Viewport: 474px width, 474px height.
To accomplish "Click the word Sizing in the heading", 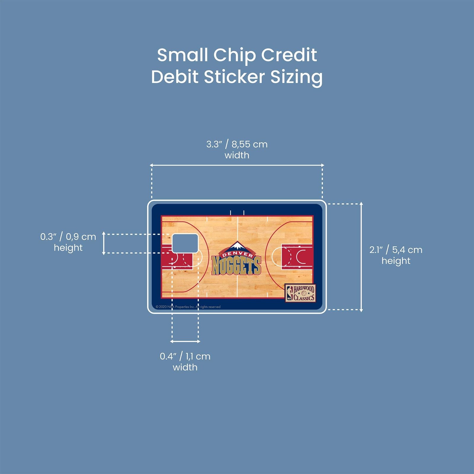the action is pos(296,78).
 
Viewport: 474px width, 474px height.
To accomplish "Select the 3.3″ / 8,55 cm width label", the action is pos(237,149).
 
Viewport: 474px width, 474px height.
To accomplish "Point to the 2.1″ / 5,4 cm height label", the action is pos(396,255).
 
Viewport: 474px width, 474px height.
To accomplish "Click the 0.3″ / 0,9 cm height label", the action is pos(68,242).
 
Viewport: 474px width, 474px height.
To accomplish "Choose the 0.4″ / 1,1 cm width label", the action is pos(185,361).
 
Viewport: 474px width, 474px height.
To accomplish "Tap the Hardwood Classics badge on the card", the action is pos(300,293).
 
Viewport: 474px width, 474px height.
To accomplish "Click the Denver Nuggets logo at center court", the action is pos(236,258).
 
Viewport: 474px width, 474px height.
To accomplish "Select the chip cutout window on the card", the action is pos(185,243).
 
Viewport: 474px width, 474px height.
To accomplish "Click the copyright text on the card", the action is pos(188,307).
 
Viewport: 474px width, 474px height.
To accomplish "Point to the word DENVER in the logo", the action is pos(236,254).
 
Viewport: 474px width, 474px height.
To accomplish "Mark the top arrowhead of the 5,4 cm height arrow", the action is pos(361,204).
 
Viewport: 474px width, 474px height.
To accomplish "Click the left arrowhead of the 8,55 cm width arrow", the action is pos(151,165).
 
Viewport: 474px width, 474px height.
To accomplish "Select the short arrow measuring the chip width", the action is pos(185,342).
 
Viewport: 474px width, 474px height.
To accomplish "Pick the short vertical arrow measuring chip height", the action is pos(104,243).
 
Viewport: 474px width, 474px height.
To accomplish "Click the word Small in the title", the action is pos(182,55).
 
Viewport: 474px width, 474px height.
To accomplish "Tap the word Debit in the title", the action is pos(174,77).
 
